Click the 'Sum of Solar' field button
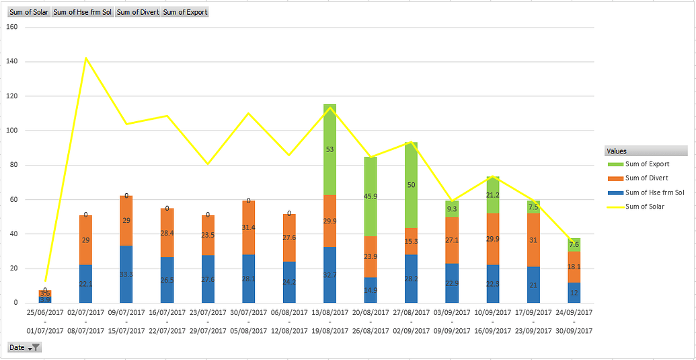click(x=28, y=12)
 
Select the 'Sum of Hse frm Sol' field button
click(x=82, y=12)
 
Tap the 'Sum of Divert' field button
click(x=138, y=12)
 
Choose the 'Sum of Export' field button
click(x=185, y=12)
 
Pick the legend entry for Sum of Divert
click(x=646, y=178)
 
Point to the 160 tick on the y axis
click(x=11, y=27)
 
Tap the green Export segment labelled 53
click(x=330, y=149)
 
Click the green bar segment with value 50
click(x=411, y=185)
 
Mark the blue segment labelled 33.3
click(x=126, y=275)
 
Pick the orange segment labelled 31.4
click(x=248, y=227)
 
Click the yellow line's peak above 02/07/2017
click(x=86, y=59)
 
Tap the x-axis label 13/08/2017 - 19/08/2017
click(x=330, y=321)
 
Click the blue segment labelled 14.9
click(x=370, y=290)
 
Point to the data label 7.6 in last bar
click(x=574, y=245)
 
